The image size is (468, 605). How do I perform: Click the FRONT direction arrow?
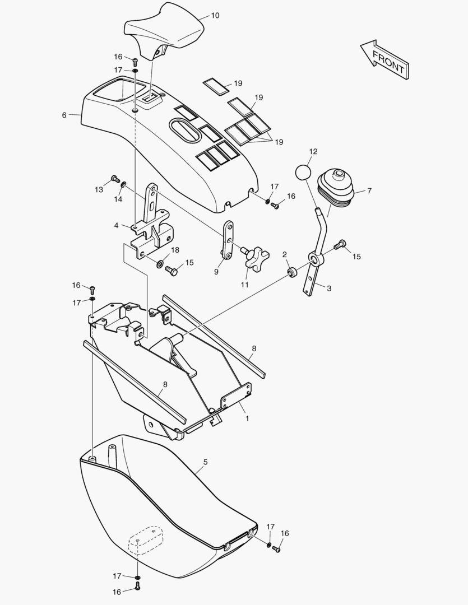384,60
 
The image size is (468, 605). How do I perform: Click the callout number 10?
215,16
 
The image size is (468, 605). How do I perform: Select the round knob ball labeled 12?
304,172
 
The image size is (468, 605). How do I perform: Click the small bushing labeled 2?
293,272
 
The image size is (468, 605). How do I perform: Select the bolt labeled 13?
115,178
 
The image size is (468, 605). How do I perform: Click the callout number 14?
118,199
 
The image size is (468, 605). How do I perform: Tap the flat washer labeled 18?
160,264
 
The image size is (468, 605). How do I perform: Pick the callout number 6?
64,115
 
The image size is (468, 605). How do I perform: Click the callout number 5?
206,462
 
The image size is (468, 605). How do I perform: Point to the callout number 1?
248,418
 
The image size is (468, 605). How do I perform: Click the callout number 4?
116,225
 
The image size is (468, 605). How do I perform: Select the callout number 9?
216,272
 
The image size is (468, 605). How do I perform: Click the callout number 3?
329,288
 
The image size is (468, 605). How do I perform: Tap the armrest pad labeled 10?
164,31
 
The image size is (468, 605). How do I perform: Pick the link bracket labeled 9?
228,240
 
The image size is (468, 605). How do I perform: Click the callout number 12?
313,152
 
